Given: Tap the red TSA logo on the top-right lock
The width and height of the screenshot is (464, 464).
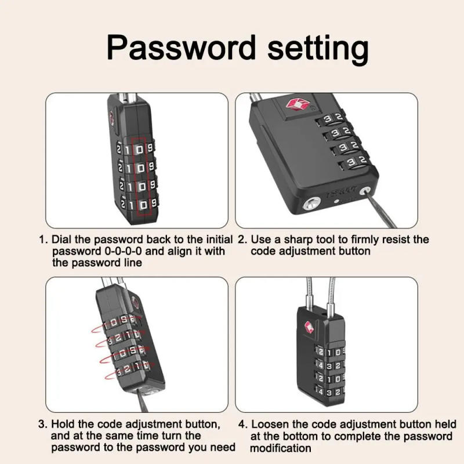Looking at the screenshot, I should pos(293,106).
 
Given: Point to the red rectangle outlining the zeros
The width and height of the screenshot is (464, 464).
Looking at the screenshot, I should pos(139,177).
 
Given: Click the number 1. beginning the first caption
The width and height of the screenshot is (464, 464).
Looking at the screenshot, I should pos(43,240).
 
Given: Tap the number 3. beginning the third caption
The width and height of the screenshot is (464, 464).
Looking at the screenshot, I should pos(43,425).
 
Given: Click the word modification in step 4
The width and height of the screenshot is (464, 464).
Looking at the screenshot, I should pos(281,448).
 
